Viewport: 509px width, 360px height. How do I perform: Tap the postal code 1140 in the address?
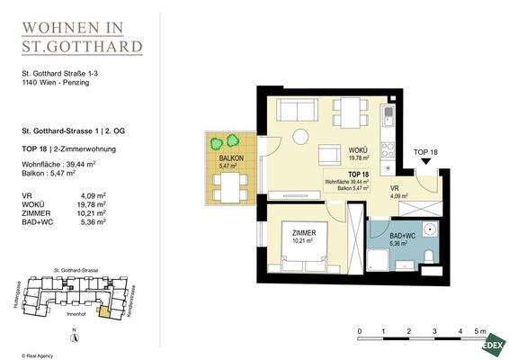31,85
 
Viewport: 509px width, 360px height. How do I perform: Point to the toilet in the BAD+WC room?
431,260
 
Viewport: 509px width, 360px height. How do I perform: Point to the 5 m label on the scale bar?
483,332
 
